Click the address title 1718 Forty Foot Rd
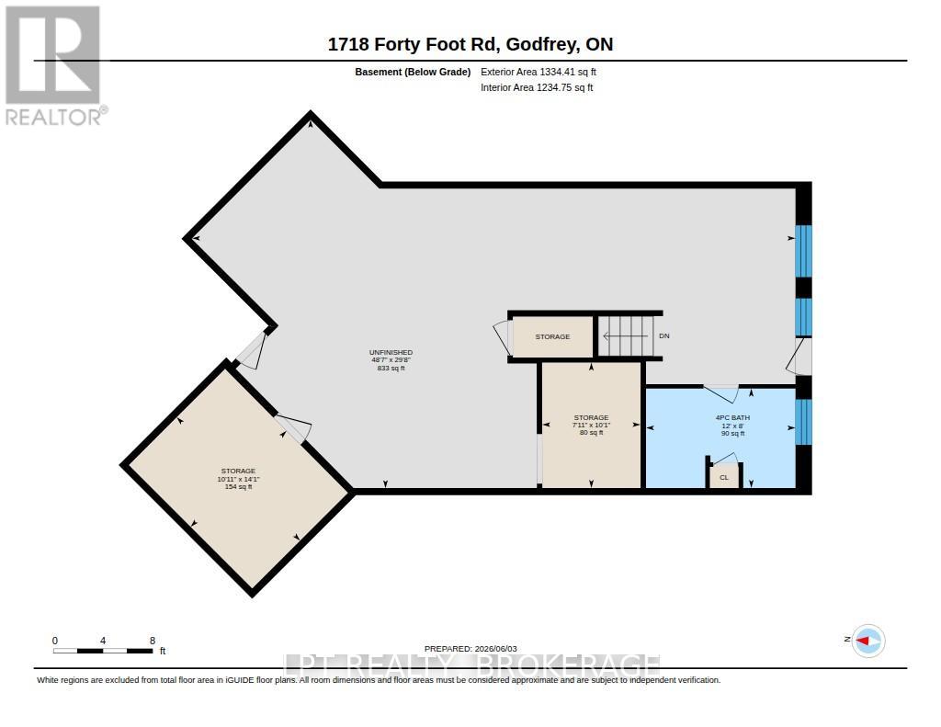click(x=413, y=44)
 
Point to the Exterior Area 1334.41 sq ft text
click(x=539, y=72)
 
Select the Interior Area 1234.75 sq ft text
click(x=537, y=87)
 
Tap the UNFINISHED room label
click(x=391, y=352)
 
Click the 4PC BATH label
click(x=732, y=418)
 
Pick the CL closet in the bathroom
click(x=724, y=475)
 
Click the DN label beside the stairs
click(x=663, y=336)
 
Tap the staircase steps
click(x=627, y=336)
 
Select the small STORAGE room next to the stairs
click(x=552, y=336)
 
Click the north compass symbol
click(x=867, y=642)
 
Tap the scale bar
click(x=103, y=651)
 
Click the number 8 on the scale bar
click(x=153, y=641)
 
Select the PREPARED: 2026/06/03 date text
click(x=470, y=648)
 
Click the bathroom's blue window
click(x=803, y=422)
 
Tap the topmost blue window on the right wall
click(x=803, y=251)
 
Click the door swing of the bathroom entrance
click(x=721, y=393)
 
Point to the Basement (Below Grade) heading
click(x=413, y=72)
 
